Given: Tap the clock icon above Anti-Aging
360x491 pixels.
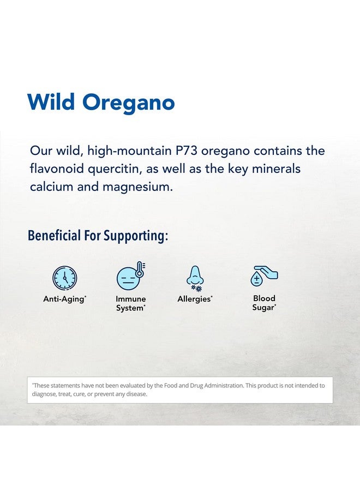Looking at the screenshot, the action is pos(64,278).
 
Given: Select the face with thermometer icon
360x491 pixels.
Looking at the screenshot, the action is pos(131,276).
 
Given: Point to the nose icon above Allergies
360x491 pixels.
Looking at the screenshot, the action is pos(195,278).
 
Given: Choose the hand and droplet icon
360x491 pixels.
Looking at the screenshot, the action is pos(264,276).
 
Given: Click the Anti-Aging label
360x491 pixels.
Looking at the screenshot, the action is pos(64,299).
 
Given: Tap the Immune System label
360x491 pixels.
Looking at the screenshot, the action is pos(130,303).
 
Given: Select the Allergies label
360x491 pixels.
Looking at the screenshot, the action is pos(195,299).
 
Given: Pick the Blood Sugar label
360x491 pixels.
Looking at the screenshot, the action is pos(264,303).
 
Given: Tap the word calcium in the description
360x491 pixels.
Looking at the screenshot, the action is pos(51,187).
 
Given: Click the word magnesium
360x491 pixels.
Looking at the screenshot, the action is pos(137,187).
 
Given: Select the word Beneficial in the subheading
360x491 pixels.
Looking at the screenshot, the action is pos(54,236).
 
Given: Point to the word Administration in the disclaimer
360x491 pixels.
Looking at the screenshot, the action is pos(224,386).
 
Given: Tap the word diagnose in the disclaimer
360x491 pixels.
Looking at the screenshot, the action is pos(44,394).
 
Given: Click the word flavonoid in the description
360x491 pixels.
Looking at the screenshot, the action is pos(57,169).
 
